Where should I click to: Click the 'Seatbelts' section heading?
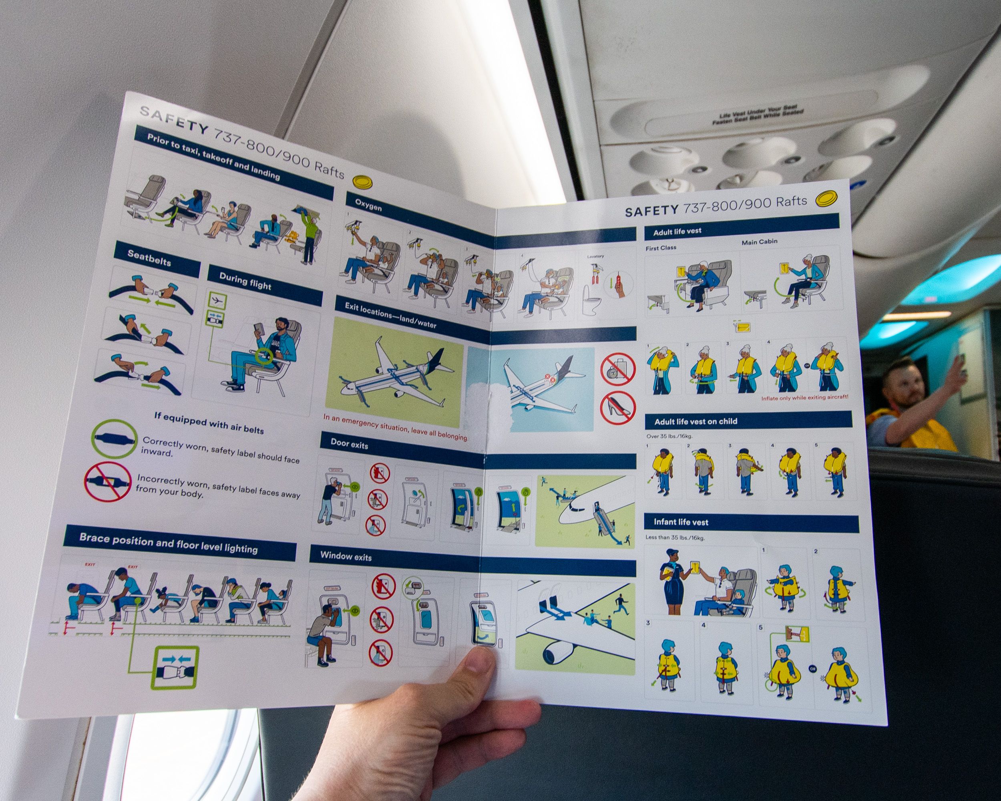(x=149, y=258)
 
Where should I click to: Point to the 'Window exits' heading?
(x=346, y=556)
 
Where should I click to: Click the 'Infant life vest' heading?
(x=681, y=522)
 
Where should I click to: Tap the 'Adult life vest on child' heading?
(x=695, y=421)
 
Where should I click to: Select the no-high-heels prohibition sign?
(x=617, y=408)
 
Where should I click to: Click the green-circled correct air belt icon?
(x=114, y=439)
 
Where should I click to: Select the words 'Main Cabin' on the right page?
(x=759, y=242)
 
